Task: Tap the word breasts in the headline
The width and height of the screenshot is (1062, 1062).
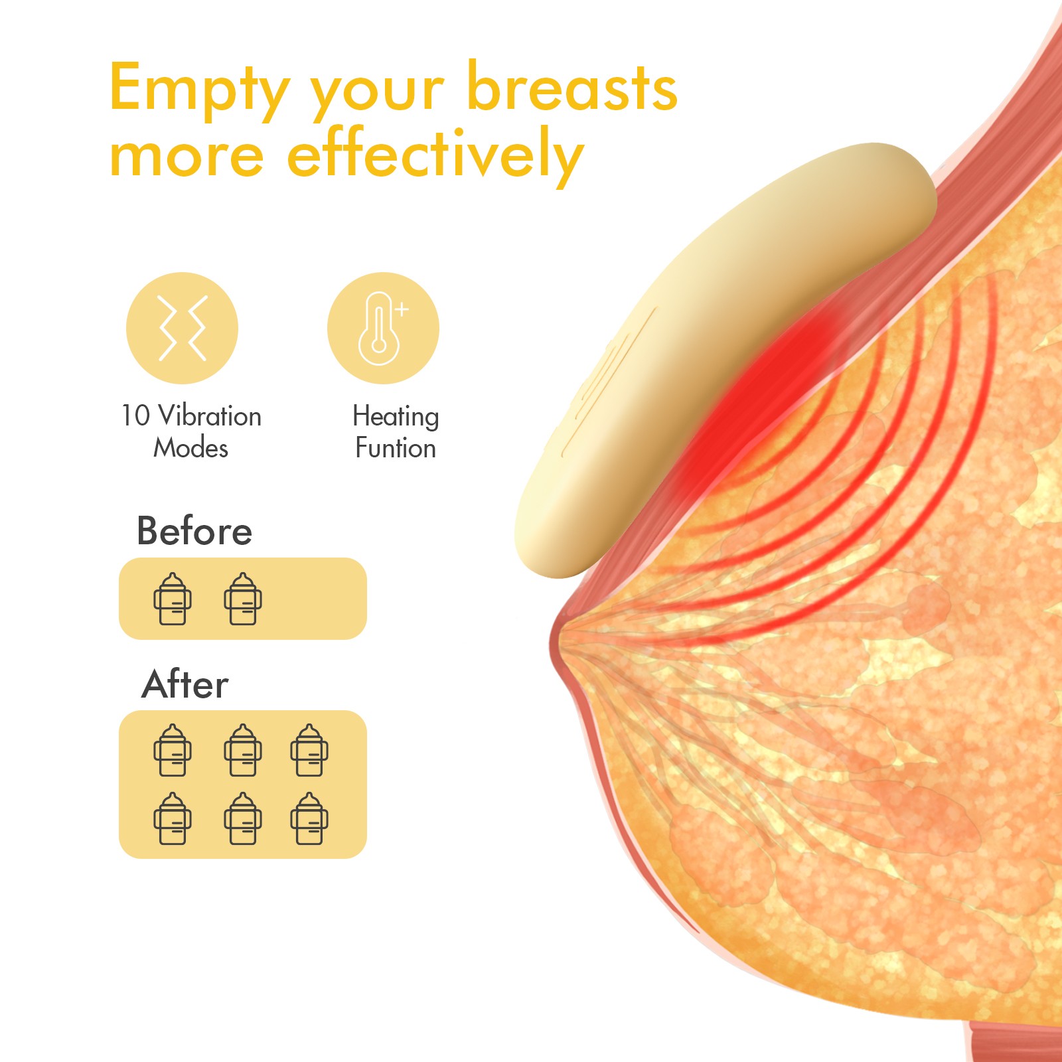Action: coord(572,88)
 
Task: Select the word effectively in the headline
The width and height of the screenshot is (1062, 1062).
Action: coord(435,155)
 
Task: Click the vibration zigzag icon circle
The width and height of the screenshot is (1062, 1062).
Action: coord(182,328)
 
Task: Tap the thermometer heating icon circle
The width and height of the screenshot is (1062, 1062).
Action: coord(383,328)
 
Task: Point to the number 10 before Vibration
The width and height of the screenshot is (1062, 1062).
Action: coord(135,416)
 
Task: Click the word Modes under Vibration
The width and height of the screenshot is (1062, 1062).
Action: coord(191,448)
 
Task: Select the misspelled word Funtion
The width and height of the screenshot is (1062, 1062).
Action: coord(396,448)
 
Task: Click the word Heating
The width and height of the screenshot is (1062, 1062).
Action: coord(396,417)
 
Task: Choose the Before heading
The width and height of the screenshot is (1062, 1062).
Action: coord(194,531)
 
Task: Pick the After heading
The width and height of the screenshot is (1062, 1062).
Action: coord(185,684)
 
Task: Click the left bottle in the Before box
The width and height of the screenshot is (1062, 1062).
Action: coord(173,599)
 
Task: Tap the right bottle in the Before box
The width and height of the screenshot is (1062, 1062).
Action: coord(243,599)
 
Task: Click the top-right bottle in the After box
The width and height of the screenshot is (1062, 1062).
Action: coord(309,750)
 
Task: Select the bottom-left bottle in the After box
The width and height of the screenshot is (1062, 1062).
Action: coord(173,818)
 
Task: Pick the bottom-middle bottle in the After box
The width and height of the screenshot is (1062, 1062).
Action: coord(243,818)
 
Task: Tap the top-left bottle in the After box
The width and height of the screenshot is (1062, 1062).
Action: coord(173,750)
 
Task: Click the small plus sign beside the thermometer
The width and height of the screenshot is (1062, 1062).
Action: coord(402,309)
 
